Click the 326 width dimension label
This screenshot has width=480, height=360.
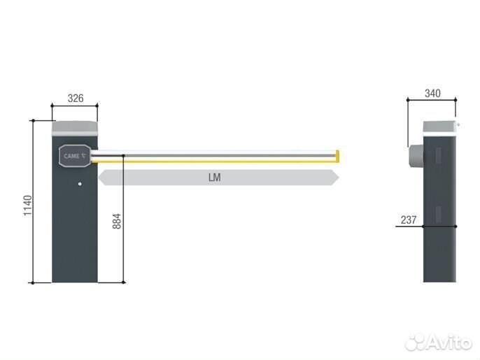coord(76,99)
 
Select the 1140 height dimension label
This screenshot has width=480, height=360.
coord(28,206)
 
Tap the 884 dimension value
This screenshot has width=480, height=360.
coord(117,221)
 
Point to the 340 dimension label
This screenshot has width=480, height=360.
coord(432,93)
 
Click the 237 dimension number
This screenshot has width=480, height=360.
coord(409,220)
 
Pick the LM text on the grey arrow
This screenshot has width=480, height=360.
coord(214,178)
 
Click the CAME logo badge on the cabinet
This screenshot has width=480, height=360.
coord(75,156)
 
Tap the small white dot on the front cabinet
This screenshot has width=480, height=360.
coord(80,184)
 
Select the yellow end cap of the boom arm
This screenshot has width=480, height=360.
coord(337,156)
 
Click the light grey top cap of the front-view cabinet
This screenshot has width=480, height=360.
coord(75,129)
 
